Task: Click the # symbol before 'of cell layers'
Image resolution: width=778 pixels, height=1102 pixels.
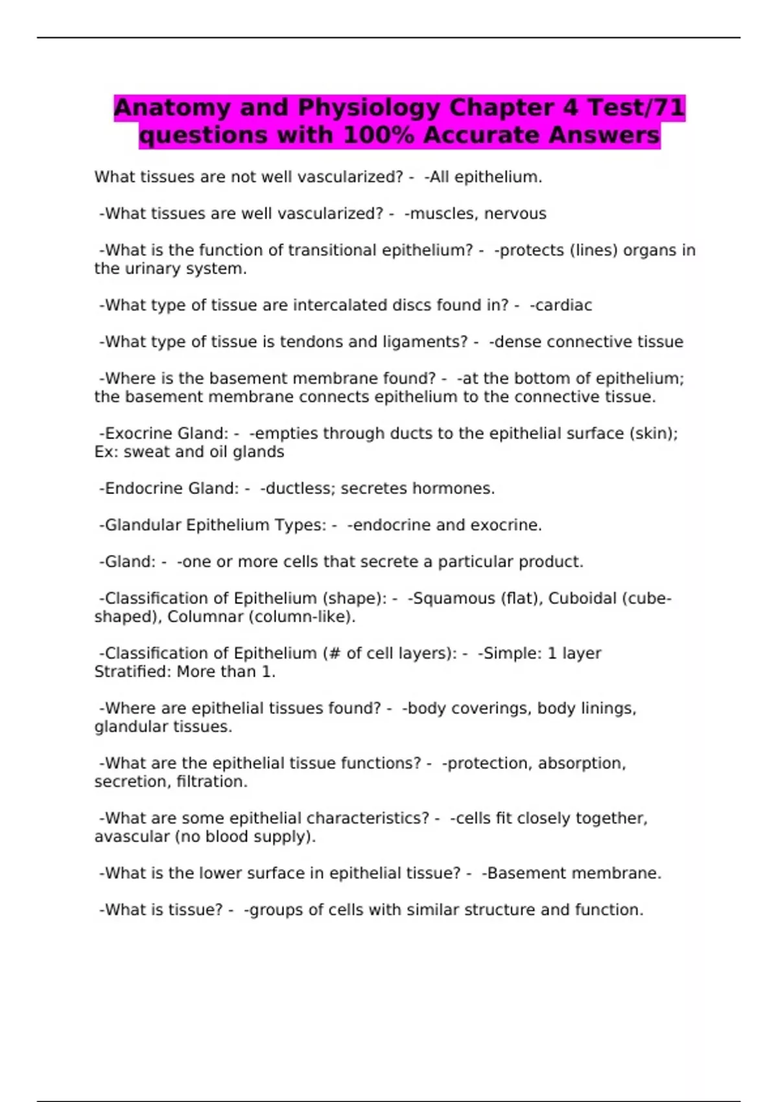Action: pyautogui.click(x=335, y=653)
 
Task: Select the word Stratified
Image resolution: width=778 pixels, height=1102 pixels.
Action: pyautogui.click(x=132, y=672)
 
